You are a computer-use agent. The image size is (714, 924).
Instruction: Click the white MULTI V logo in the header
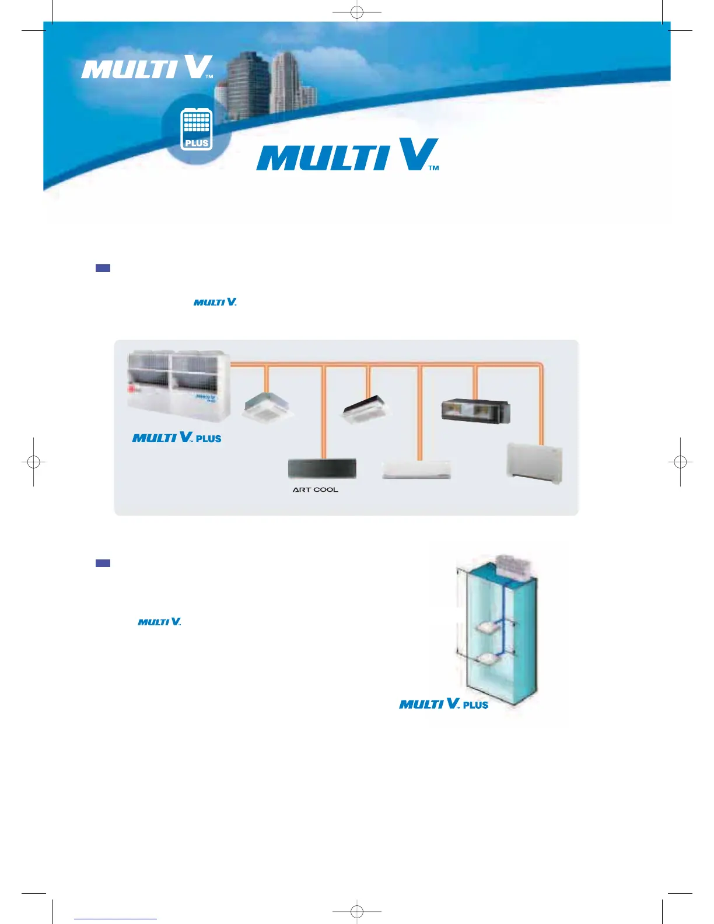[x=147, y=68]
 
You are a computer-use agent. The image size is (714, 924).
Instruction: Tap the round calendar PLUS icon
[x=197, y=129]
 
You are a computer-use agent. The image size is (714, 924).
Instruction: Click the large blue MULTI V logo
[x=348, y=155]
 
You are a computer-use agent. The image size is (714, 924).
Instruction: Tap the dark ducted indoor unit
[x=476, y=411]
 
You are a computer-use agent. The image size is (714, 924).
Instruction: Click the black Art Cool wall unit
[x=322, y=468]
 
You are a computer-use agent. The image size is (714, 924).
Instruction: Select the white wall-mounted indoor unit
[x=416, y=470]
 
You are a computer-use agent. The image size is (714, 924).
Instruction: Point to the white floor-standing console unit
[x=534, y=463]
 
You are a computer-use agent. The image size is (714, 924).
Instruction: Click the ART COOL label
[x=315, y=490]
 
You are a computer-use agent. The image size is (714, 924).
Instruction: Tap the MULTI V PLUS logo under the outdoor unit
[x=177, y=437]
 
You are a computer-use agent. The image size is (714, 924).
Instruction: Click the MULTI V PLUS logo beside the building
[x=443, y=704]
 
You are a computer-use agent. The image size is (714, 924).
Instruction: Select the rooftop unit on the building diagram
[x=513, y=566]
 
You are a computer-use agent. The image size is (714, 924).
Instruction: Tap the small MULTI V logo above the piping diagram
[x=215, y=302]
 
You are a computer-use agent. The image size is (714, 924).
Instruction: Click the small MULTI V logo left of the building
[x=159, y=622]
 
